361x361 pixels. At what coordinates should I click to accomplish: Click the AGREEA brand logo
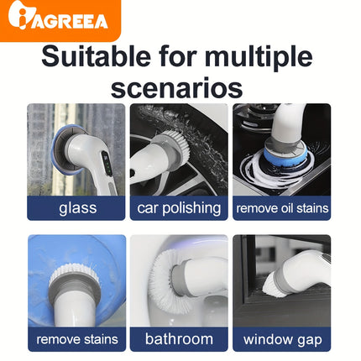pos(60,19)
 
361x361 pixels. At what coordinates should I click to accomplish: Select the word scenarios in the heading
pos(177,86)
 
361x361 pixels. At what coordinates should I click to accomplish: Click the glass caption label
pos(76,208)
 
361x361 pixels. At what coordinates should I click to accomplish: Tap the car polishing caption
pos(179,208)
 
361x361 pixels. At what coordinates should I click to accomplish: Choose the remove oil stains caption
pos(281,208)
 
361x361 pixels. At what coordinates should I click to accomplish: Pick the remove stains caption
pos(76,340)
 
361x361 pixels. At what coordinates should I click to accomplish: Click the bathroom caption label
pos(179,340)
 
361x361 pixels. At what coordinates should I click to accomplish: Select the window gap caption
pos(281,340)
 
